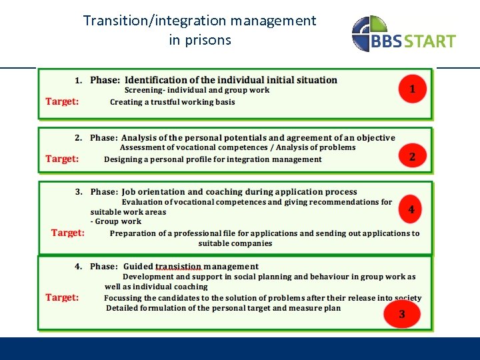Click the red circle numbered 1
412,89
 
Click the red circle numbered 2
412,157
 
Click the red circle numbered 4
411,209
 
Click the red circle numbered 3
401,314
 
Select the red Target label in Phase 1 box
62,101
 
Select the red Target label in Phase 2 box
62,159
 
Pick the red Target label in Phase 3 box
68,233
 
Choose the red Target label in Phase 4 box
62,297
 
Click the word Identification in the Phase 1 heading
155,80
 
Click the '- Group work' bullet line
116,221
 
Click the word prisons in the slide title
209,40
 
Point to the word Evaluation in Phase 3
145,202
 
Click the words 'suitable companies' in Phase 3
235,243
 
